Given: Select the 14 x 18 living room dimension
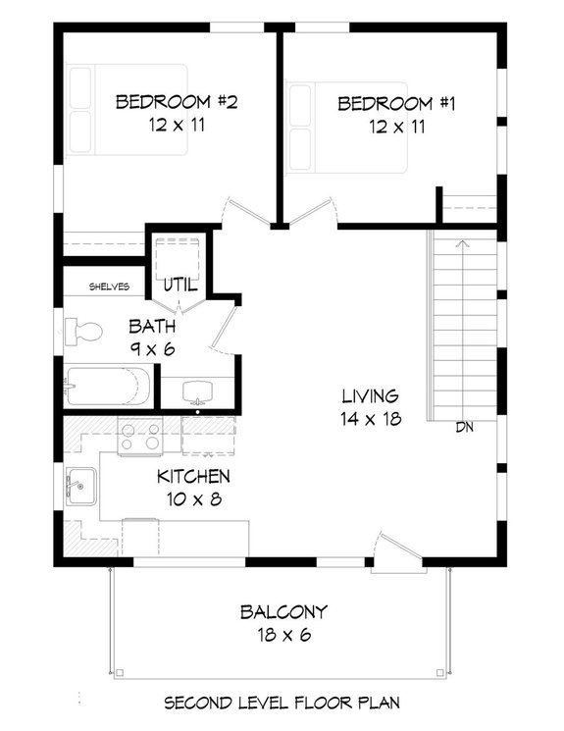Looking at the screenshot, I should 370,419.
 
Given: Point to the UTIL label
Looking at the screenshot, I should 180,286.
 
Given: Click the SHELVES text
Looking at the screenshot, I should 109,287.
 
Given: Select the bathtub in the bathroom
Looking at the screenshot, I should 108,387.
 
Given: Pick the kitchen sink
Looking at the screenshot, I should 80,484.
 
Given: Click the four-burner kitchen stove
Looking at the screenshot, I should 139,436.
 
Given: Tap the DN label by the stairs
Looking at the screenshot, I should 465,428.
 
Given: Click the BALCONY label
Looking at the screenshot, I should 283,612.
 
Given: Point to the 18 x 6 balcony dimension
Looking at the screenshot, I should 283,635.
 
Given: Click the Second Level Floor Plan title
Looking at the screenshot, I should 282,703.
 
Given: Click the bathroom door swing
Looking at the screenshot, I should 224,329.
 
